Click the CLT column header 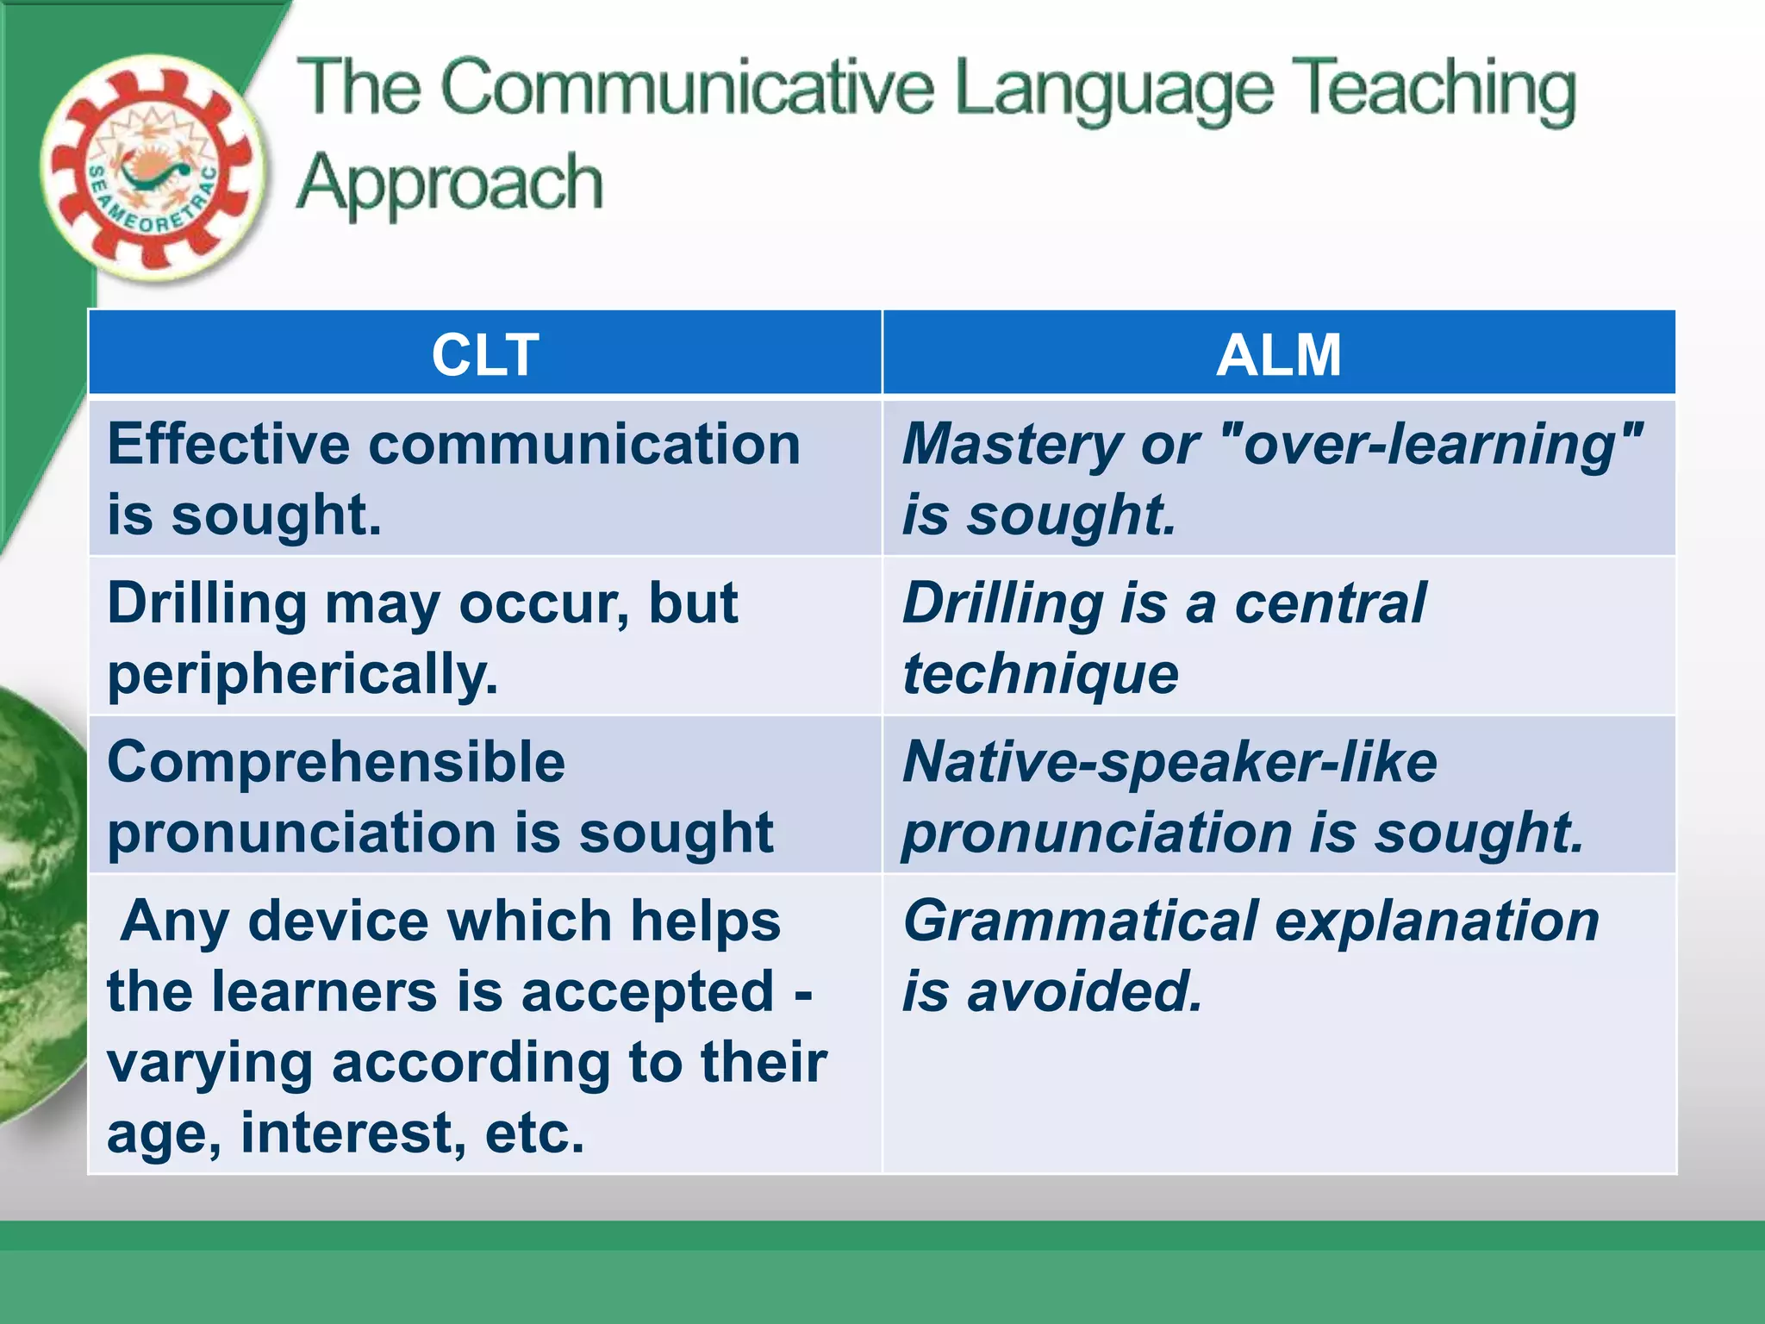pyautogui.click(x=485, y=354)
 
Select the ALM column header pyautogui.click(x=1279, y=354)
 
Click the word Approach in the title pyautogui.click(x=449, y=184)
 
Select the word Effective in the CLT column pyautogui.click(x=228, y=445)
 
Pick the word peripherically pyautogui.click(x=302, y=675)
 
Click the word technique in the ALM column pyautogui.click(x=1040, y=675)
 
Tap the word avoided pyautogui.click(x=1084, y=992)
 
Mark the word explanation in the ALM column pyautogui.click(x=1437, y=921)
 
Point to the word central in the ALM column pyautogui.click(x=1330, y=603)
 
